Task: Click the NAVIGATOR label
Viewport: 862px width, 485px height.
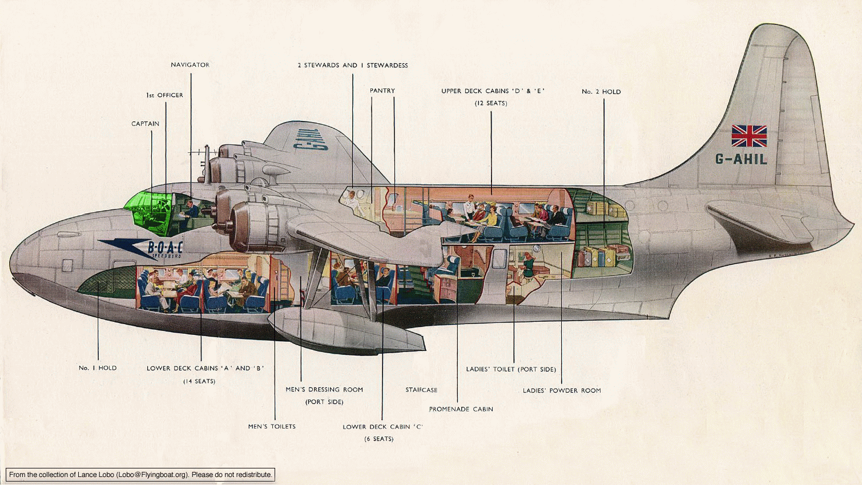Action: pyautogui.click(x=190, y=65)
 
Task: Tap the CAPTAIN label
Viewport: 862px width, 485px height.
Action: pyautogui.click(x=145, y=124)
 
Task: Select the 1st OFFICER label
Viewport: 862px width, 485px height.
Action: pyautogui.click(x=164, y=95)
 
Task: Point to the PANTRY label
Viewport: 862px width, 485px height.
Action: pyautogui.click(x=382, y=91)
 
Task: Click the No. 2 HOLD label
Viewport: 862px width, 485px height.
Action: pyautogui.click(x=601, y=91)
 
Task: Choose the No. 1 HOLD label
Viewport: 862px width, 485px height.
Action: pyautogui.click(x=98, y=368)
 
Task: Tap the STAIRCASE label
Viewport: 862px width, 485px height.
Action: pyautogui.click(x=421, y=390)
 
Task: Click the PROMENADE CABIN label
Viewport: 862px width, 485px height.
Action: pyautogui.click(x=461, y=409)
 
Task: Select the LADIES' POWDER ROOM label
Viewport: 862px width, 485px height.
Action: pyautogui.click(x=562, y=391)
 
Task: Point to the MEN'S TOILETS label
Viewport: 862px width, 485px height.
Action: pyautogui.click(x=272, y=427)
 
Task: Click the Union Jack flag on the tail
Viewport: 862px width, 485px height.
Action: pyautogui.click(x=749, y=136)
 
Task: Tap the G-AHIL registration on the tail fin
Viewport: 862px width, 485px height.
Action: pyautogui.click(x=741, y=159)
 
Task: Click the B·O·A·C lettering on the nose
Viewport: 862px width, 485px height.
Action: pyautogui.click(x=165, y=247)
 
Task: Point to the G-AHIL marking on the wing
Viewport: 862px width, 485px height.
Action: pyautogui.click(x=310, y=139)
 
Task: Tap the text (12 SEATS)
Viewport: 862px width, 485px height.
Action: pyautogui.click(x=490, y=103)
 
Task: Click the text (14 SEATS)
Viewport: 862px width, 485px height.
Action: pyautogui.click(x=199, y=382)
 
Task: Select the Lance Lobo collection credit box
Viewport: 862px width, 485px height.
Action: pyautogui.click(x=140, y=475)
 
